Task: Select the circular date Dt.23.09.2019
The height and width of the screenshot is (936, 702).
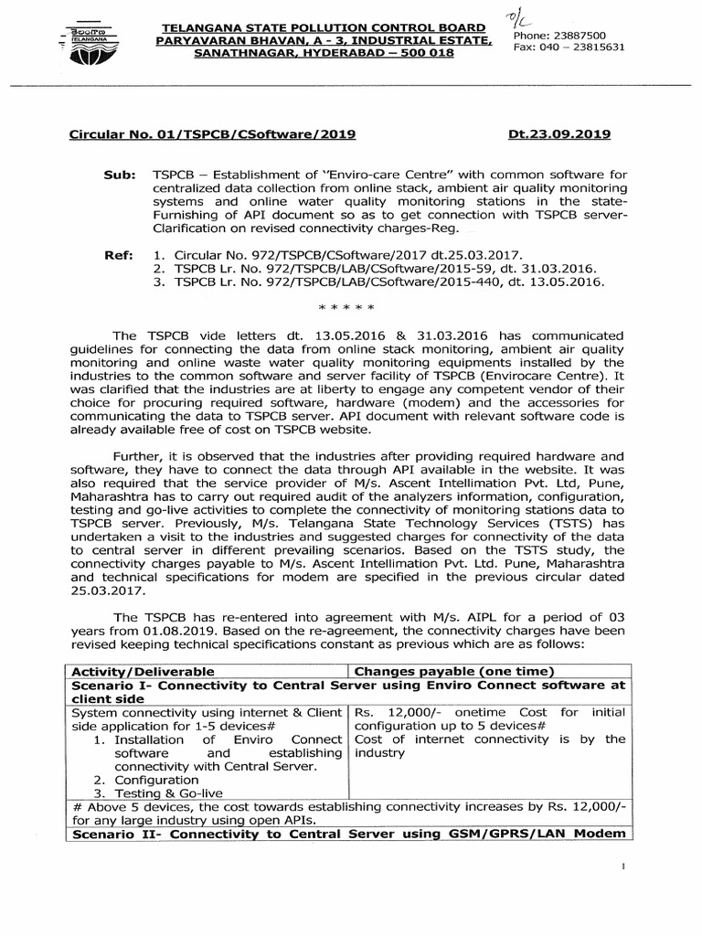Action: [558, 134]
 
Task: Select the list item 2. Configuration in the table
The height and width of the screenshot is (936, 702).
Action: [146, 780]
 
